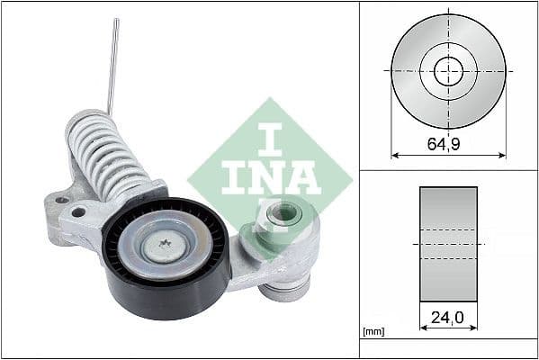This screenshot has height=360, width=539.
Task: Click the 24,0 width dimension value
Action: [448, 317]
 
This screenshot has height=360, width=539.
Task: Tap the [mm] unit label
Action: [373, 332]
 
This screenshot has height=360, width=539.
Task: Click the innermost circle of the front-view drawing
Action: [448, 70]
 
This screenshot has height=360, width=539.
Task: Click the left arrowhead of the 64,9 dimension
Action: [394, 155]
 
